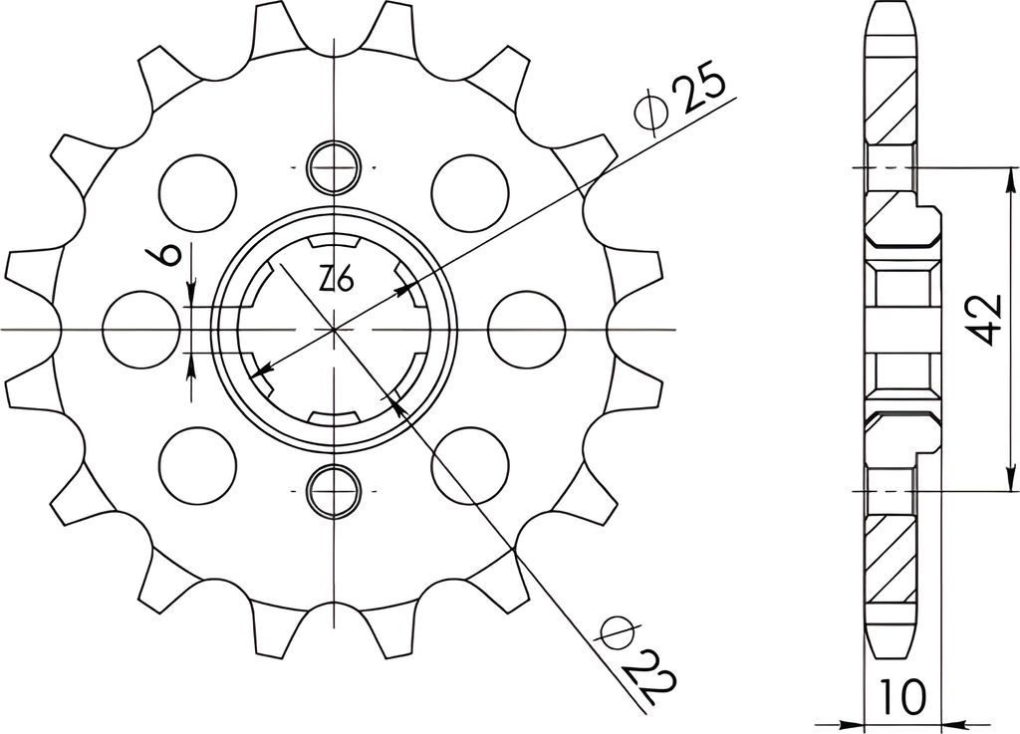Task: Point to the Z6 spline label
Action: click(x=337, y=281)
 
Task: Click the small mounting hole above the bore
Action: click(x=335, y=167)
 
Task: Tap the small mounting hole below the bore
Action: click(x=335, y=490)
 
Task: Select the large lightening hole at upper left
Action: click(x=198, y=193)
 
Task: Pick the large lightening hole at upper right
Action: click(x=469, y=193)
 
